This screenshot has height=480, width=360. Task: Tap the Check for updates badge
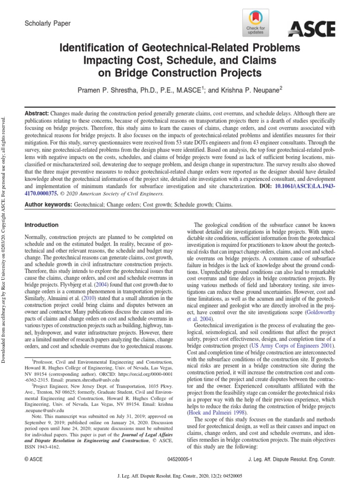(x=255, y=23)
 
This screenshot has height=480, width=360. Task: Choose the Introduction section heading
(x=41, y=225)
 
